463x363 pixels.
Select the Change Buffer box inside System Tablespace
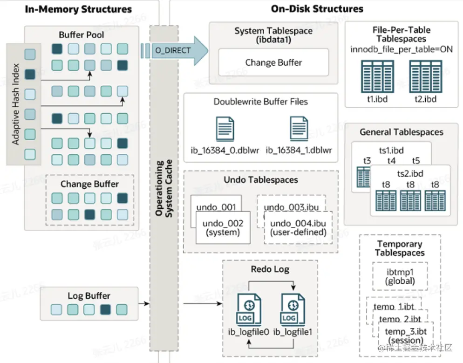tap(273, 62)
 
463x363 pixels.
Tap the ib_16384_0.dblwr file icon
tap(225, 129)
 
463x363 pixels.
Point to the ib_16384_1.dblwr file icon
tap(299, 129)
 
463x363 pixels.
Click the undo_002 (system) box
tap(223, 227)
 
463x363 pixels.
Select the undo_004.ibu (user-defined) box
tap(298, 227)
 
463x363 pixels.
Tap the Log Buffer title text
tap(89, 295)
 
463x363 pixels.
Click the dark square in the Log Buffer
tap(105, 308)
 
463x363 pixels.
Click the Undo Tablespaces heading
tap(261, 179)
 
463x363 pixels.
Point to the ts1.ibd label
tap(391, 151)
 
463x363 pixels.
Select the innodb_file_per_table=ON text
tap(401, 49)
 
